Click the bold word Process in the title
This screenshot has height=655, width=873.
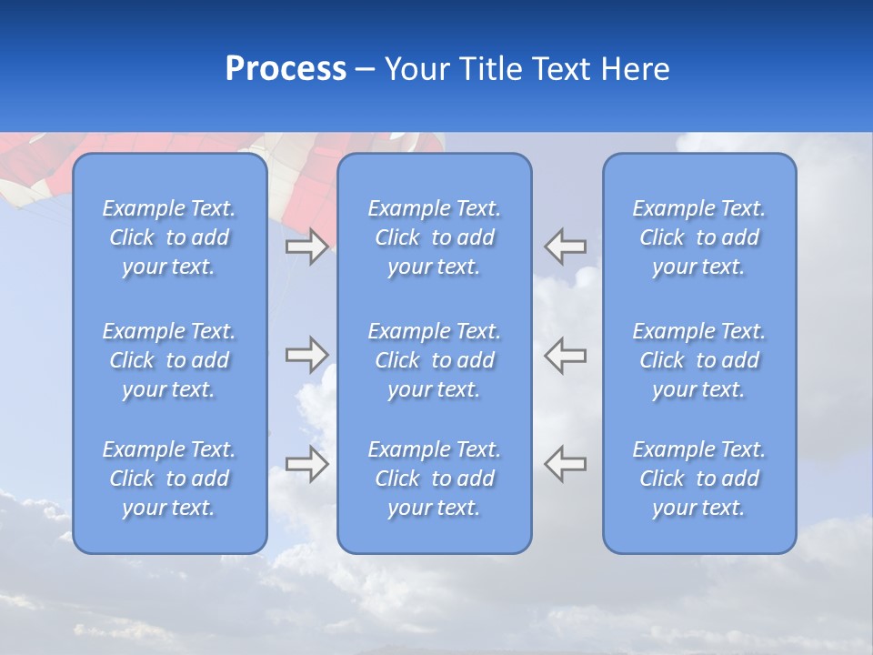click(x=286, y=69)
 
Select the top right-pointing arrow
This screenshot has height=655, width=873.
click(x=306, y=247)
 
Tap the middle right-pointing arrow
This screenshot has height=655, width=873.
click(x=306, y=355)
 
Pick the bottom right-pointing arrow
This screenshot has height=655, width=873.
click(x=306, y=464)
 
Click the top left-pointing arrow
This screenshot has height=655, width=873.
click(x=566, y=247)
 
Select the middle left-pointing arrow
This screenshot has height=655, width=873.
click(x=566, y=355)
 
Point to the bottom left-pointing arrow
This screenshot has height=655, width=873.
click(x=566, y=463)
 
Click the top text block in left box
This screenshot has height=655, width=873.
click(x=169, y=237)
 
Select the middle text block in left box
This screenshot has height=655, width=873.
click(x=169, y=360)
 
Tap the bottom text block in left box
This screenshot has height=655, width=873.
click(x=169, y=479)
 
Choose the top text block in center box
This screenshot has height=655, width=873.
click(x=434, y=237)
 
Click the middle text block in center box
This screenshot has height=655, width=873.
click(x=434, y=360)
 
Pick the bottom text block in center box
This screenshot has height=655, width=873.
click(x=434, y=479)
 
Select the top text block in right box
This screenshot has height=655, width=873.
click(x=698, y=237)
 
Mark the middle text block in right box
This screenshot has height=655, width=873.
click(x=698, y=360)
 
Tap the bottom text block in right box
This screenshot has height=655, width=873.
click(x=698, y=479)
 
